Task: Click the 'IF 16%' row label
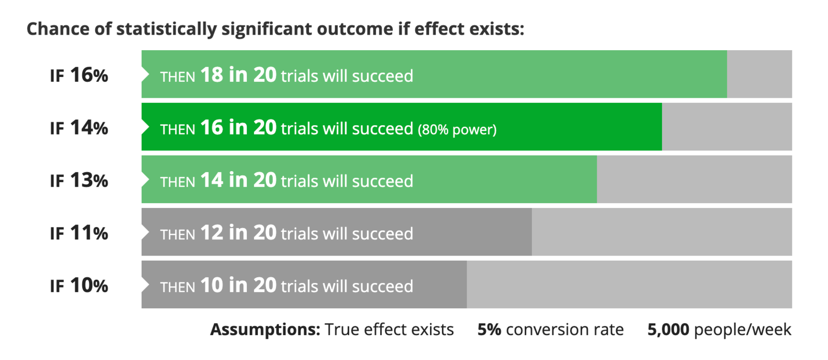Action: (79, 76)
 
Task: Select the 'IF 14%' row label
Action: (79, 128)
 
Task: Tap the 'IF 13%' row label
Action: (79, 181)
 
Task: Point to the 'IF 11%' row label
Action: (79, 233)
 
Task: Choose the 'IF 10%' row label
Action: (79, 286)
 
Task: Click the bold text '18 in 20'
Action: (239, 74)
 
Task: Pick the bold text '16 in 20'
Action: (239, 127)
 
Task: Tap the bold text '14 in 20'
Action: (239, 180)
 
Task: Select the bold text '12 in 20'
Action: (239, 232)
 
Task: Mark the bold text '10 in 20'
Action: (239, 285)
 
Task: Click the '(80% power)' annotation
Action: (457, 129)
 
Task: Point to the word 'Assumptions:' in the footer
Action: (265, 329)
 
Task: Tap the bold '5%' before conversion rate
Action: (489, 329)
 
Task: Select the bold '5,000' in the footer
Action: (668, 329)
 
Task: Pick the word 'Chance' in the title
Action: (58, 29)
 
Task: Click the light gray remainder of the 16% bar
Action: (760, 74)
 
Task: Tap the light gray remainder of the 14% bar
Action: (727, 127)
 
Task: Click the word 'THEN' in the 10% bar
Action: (178, 287)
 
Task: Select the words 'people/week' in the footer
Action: (743, 329)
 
